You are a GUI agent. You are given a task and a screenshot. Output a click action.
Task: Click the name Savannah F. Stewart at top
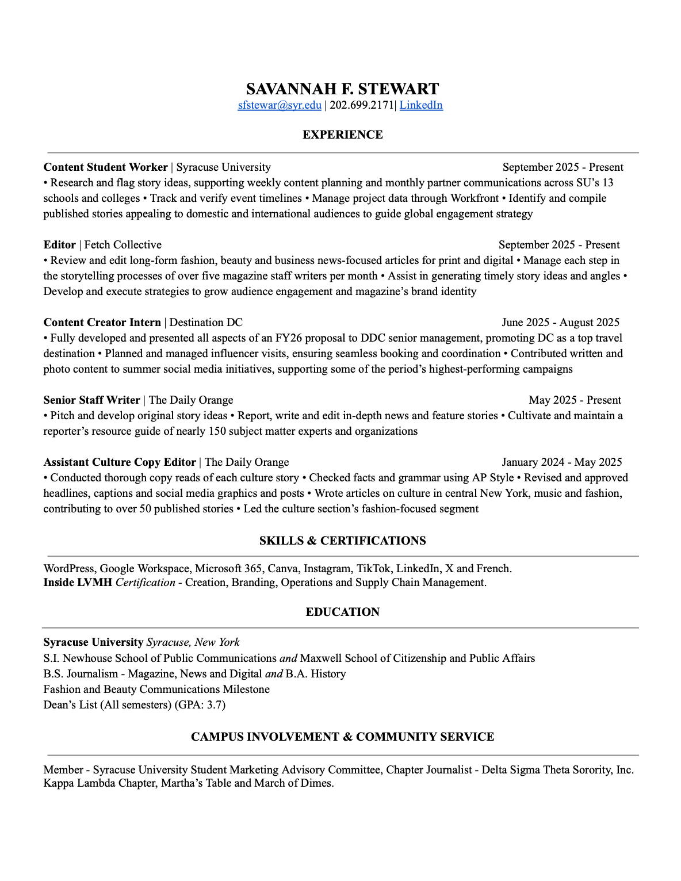342,89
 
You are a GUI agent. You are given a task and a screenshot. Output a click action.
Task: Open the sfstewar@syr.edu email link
280,105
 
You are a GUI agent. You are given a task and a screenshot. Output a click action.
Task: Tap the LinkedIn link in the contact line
421,105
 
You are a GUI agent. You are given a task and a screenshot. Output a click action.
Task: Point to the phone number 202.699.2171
362,105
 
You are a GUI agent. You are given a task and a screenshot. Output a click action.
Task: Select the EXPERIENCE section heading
342,135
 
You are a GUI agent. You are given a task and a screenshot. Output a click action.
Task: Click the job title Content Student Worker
105,167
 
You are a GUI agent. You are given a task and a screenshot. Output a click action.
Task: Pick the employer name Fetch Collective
123,245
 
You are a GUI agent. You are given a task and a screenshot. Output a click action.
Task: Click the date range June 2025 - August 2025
560,323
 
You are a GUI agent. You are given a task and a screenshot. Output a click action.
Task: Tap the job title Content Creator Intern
102,323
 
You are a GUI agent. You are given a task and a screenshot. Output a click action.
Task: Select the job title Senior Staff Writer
91,400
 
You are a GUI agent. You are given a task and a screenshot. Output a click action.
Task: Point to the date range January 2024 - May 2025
561,462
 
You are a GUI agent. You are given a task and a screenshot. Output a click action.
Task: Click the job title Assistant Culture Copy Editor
120,462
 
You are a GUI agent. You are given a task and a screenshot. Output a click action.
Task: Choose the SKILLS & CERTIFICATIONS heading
342,541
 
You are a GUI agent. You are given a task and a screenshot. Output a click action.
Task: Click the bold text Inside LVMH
78,583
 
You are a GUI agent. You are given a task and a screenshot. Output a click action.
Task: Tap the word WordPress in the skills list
68,569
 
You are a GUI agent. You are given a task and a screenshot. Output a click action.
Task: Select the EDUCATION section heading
342,612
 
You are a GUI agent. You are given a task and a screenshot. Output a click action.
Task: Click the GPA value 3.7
216,705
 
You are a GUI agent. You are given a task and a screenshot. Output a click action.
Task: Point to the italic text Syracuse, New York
193,642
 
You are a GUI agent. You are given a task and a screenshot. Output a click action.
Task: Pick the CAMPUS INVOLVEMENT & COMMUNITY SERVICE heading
342,737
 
